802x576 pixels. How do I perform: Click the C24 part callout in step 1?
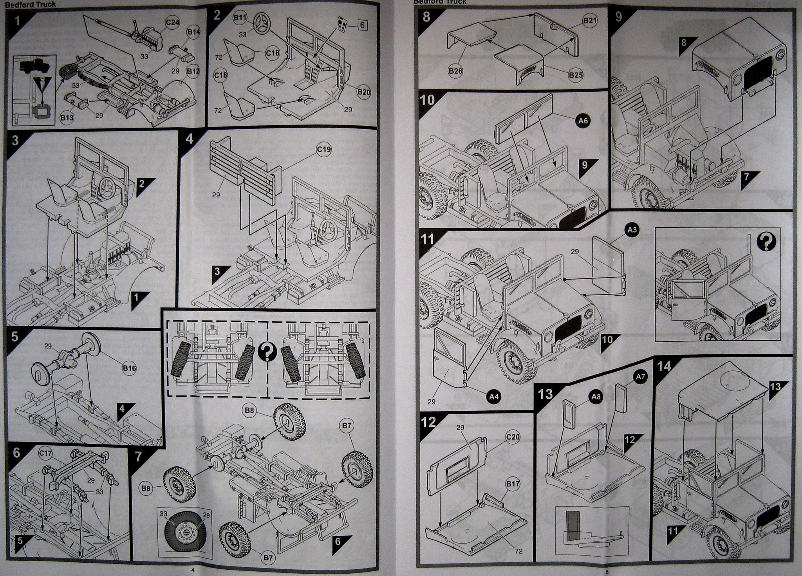pyautogui.click(x=172, y=23)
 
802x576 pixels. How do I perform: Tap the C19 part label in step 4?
pyautogui.click(x=324, y=149)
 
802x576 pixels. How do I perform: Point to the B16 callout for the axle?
pyautogui.click(x=129, y=368)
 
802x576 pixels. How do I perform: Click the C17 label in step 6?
pyautogui.click(x=46, y=454)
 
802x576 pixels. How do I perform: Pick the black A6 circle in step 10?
pyautogui.click(x=583, y=121)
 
